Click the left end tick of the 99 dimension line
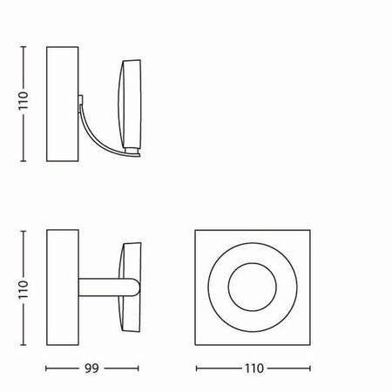[x=45, y=368]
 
